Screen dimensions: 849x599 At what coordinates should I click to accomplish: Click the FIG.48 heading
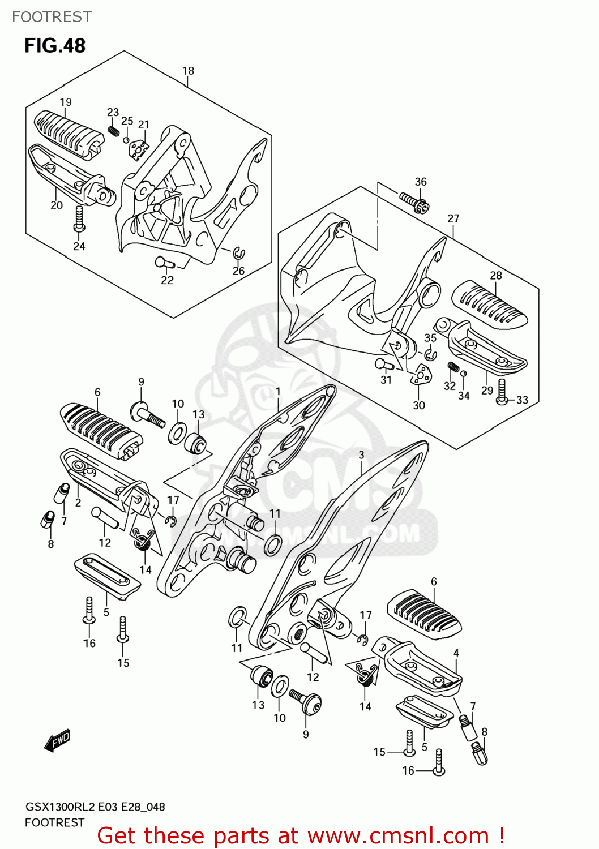pos(54,45)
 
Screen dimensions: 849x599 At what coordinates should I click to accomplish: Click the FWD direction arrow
pos(58,740)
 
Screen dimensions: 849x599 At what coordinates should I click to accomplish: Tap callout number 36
pos(421,182)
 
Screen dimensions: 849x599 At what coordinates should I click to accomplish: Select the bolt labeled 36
pos(414,202)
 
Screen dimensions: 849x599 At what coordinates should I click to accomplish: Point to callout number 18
pos(188,71)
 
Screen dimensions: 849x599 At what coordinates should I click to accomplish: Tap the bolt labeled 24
pos(79,219)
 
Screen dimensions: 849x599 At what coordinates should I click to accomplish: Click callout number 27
pos(453,218)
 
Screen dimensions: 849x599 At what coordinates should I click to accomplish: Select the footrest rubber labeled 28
pos(489,305)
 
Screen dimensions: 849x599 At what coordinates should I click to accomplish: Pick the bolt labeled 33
pos(502,392)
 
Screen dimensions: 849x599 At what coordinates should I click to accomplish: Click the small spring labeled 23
pos(113,131)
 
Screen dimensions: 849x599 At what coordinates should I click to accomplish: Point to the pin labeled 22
pos(163,262)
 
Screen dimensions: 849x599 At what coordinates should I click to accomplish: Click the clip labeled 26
pos(239,252)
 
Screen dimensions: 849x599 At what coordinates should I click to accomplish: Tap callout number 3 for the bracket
pos(361,454)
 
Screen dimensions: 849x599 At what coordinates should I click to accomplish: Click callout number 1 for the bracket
pos(278,391)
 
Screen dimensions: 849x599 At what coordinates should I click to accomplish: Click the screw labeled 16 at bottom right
pos(438,762)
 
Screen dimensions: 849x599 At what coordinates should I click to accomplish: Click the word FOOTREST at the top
pos(52,17)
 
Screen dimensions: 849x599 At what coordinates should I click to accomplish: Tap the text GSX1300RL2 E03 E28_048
pos(95,807)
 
